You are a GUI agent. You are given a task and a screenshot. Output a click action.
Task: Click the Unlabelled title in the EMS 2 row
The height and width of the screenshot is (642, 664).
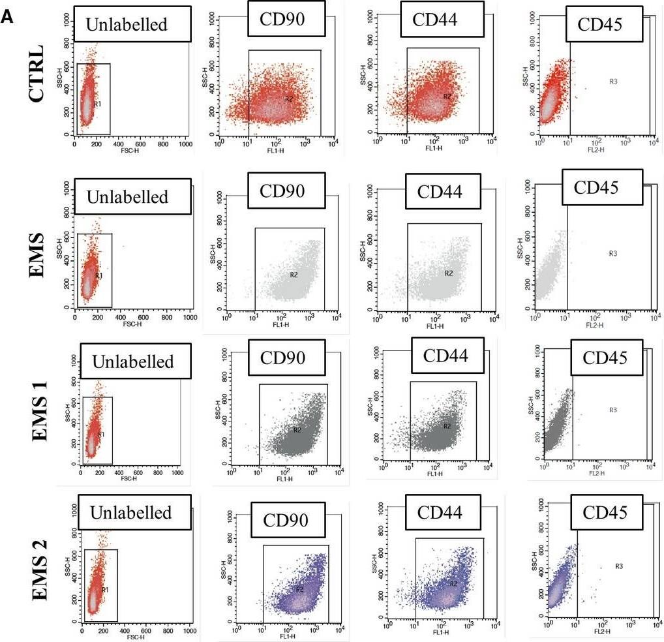coord(134,513)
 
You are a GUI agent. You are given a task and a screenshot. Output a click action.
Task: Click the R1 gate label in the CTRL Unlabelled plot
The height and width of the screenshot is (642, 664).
coord(97,103)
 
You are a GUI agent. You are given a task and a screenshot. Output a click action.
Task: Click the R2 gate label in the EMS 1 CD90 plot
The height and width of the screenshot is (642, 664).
coord(297,429)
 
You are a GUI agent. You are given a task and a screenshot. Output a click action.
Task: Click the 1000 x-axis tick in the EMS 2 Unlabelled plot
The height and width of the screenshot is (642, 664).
coord(189,631)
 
